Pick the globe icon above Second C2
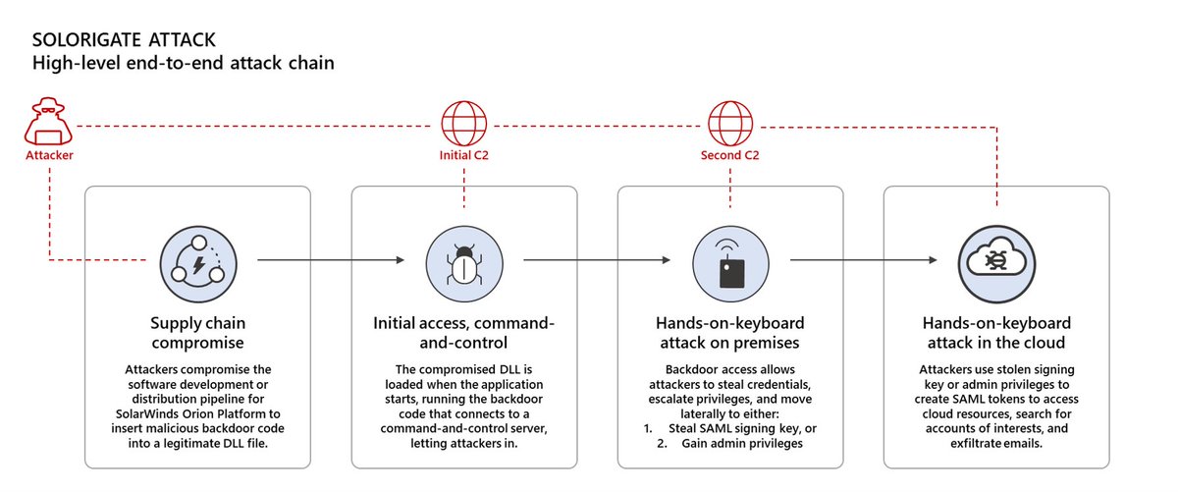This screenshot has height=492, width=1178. point(728,126)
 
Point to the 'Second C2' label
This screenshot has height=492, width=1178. point(728,156)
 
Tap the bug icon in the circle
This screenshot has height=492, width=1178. point(463,261)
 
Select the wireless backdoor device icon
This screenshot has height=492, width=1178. point(729,261)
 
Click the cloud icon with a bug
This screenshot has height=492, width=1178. point(995,261)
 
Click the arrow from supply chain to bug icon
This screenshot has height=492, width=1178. point(330,261)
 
